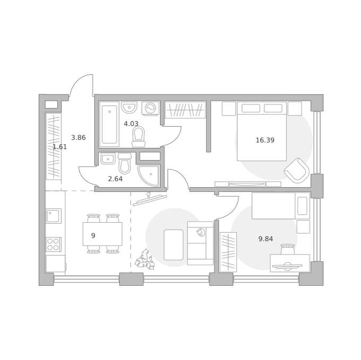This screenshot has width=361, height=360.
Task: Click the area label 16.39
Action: pos(265,140)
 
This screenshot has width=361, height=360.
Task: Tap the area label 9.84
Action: pos(265,239)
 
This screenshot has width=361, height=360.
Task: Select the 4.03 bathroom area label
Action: pos(131,124)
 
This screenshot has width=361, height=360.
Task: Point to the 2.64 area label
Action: pos(115,179)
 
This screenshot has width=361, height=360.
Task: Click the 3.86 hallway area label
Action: pos(78,137)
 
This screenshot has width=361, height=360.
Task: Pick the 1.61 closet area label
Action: pos(60,147)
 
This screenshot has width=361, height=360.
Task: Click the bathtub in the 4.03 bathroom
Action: pos(109,125)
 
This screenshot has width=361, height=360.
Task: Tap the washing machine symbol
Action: pos(150,108)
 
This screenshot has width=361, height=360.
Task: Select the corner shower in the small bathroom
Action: pos(149,175)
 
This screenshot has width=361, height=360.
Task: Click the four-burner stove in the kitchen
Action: pos(54,244)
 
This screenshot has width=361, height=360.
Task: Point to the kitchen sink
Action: pos(54,216)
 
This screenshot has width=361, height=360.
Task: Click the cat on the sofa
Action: pos(201,232)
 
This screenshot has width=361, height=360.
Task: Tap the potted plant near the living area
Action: pos(144,259)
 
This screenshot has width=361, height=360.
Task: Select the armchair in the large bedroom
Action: pos(297,170)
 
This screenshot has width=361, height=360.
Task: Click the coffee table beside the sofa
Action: pos(174,245)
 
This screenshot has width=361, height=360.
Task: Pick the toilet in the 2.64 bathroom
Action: pos(124,163)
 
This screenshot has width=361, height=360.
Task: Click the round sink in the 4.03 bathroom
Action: pos(129,107)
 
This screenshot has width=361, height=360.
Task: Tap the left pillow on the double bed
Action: pos(251,108)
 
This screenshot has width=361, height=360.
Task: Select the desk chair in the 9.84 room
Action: pos(288,249)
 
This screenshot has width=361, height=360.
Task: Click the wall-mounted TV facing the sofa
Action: pos(150,199)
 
